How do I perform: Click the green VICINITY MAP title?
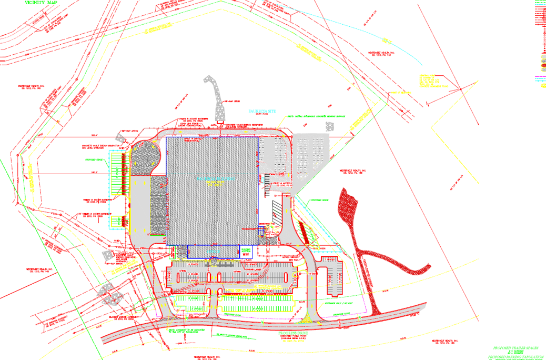pyautogui.click(x=41, y=2)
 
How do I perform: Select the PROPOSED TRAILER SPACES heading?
pyautogui.click(x=515, y=348)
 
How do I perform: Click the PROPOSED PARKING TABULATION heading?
pyautogui.click(x=515, y=357)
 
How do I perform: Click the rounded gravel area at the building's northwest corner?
pyautogui.click(x=143, y=158)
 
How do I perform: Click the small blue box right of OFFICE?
pyautogui.click(x=247, y=252)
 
